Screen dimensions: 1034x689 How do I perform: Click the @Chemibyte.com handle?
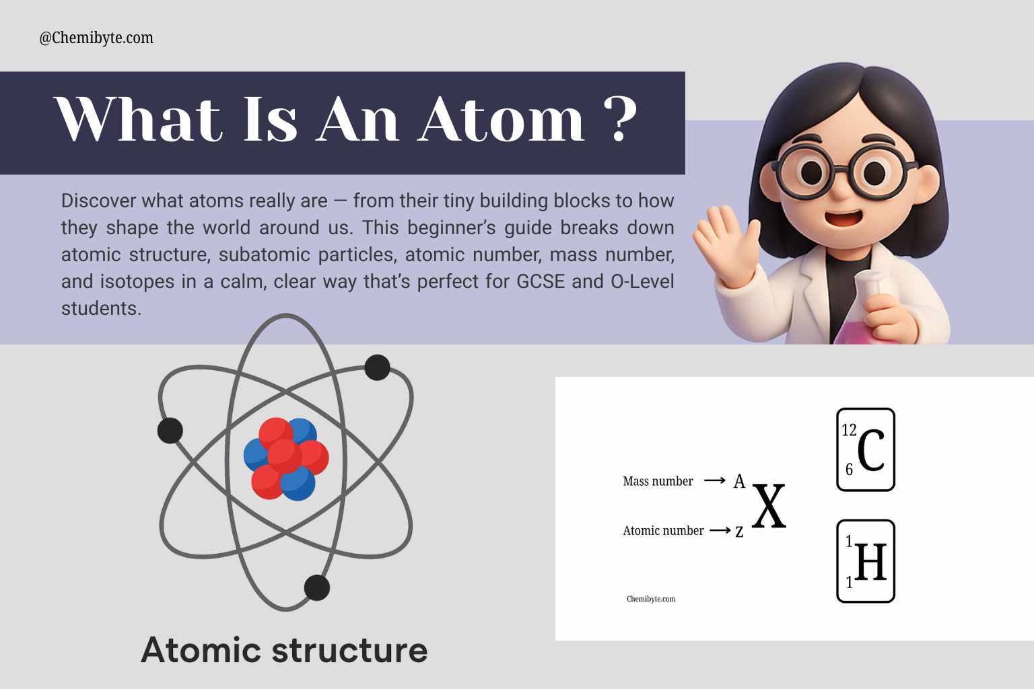[x=96, y=38]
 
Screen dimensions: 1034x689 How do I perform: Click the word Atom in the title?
[x=502, y=119]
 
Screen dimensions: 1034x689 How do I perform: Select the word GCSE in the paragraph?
[x=541, y=281]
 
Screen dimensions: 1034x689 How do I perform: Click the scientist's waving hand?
[x=725, y=242]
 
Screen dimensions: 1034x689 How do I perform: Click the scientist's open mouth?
[x=843, y=217]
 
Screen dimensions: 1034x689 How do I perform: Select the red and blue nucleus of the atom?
[x=286, y=459]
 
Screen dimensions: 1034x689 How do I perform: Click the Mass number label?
[x=658, y=481]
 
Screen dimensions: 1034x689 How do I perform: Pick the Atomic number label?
[x=663, y=531]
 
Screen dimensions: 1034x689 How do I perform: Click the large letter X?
[x=769, y=506]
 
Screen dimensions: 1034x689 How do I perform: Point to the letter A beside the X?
[x=740, y=481]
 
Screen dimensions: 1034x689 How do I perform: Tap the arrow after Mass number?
[x=714, y=481]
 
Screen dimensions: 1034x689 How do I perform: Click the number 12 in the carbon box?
[x=849, y=430]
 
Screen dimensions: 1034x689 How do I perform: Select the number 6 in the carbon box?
[x=849, y=470]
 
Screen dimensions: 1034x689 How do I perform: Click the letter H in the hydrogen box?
[x=870, y=562]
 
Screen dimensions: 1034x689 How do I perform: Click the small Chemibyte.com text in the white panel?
[x=651, y=599]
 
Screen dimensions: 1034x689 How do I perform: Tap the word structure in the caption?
[x=349, y=651]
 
